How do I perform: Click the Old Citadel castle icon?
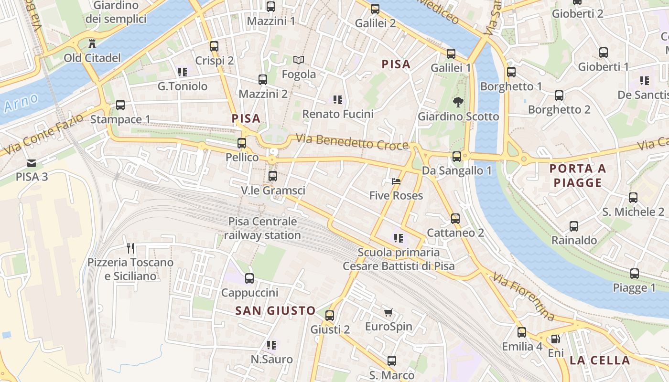pos(92,44)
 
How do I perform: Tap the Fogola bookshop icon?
pos(299,60)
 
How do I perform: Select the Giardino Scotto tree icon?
pos(458,102)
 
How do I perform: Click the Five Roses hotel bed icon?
pos(396,181)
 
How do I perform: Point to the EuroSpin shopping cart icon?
pos(388,313)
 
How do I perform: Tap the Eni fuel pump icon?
pos(556,339)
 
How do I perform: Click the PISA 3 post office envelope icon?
pos(32,163)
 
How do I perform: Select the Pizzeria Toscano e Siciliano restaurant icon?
pos(130,248)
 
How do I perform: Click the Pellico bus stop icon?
pos(242,143)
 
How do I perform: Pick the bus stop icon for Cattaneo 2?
pos(455,219)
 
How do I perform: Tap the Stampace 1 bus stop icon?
pos(120,105)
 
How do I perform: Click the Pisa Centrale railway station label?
pos(262,228)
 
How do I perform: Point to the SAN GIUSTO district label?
pos(275,311)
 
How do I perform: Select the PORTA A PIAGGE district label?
pos(577,175)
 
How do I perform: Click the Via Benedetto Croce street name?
pos(352,142)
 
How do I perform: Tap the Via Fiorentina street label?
pos(524,297)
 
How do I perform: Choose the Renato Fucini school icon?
pos(338,100)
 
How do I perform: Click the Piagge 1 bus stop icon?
pos(634,274)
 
